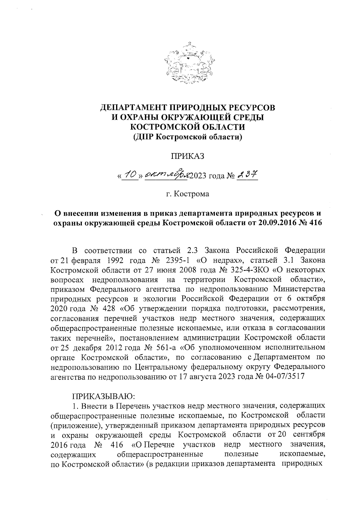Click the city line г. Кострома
(187, 194)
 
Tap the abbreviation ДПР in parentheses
(145, 138)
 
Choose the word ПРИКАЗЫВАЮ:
(100, 396)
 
